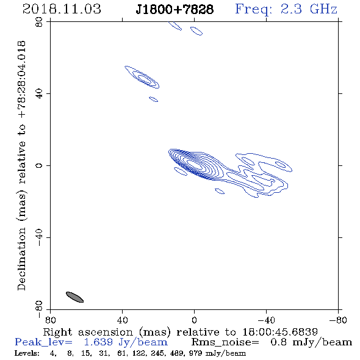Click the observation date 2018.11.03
[62, 9]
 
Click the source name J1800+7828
[175, 9]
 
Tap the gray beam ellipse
[74, 297]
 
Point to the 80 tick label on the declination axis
[39, 22]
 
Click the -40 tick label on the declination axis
[39, 237]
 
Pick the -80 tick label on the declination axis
[39, 309]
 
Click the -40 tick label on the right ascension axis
[266, 320]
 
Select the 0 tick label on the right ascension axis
[194, 320]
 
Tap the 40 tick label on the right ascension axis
[122, 320]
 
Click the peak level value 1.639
[98, 342]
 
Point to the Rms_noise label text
[225, 342]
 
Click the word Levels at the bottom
[27, 353]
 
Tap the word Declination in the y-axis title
[21, 259]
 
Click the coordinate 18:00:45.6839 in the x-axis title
[280, 332]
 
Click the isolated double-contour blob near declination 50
[142, 77]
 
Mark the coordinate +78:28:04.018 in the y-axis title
[21, 80]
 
